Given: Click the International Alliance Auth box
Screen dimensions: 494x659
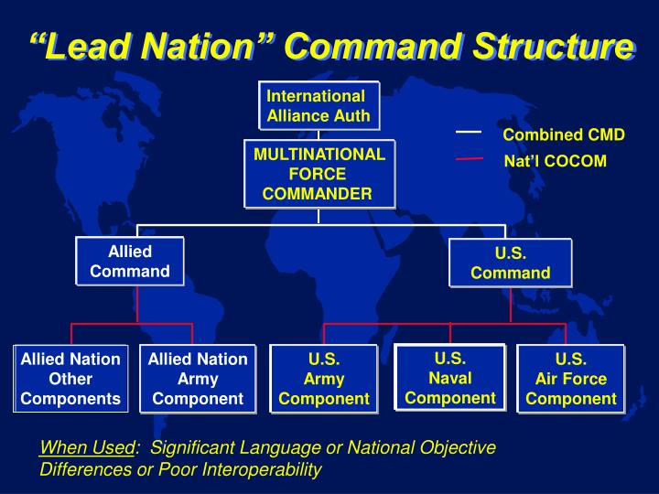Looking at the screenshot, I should pos(318,106).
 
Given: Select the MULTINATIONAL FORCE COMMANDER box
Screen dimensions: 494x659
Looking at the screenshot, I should pos(319,174).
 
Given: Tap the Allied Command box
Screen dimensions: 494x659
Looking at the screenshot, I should pos(130,262).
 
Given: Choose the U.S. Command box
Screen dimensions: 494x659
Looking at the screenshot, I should pos(510,263).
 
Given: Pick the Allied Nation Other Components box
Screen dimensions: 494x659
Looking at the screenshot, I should pos(70,379).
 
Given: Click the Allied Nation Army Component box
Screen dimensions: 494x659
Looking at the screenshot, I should pos(198,379).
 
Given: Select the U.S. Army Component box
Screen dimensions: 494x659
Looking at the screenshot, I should pos(324,379).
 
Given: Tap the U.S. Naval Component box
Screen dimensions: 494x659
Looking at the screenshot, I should pos(449,377).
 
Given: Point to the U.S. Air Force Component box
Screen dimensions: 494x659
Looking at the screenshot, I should pos(570,379).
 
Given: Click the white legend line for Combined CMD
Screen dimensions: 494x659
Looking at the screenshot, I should pos(469,134).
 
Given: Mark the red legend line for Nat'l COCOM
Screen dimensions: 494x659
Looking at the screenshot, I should pos(469,160).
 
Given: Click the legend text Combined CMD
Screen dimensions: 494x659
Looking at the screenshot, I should pos(564,134).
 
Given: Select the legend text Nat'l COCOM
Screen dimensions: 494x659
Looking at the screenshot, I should pos(556,161).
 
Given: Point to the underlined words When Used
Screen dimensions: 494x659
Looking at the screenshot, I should pos(87,447).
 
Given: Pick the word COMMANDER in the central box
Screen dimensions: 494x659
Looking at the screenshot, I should pos(318,193).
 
